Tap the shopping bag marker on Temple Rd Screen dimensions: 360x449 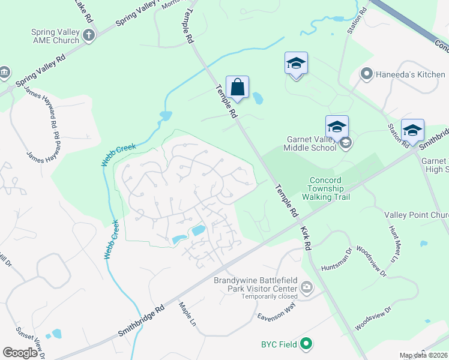pyautogui.click(x=237, y=88)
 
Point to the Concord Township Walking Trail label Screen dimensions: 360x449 pyautogui.click(x=325, y=188)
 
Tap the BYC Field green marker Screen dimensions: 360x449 pyautogui.click(x=306, y=344)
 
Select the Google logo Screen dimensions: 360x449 pyautogui.click(x=20, y=353)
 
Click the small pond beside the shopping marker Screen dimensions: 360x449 pyautogui.click(x=258, y=97)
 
